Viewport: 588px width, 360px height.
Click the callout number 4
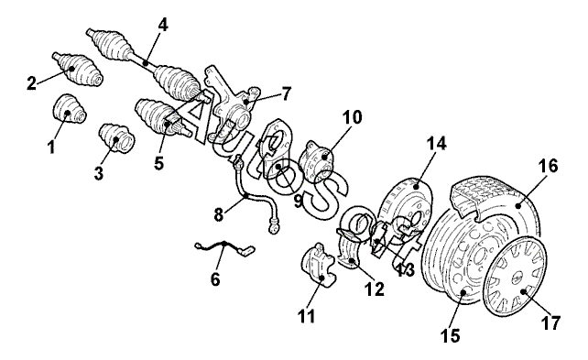click(163, 26)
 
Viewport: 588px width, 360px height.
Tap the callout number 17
click(550, 322)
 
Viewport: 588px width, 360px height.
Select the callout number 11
click(307, 317)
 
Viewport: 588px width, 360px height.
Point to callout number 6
click(215, 279)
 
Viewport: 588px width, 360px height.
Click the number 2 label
click(31, 82)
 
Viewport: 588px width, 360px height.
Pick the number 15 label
click(451, 335)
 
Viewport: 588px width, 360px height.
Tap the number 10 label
click(353, 117)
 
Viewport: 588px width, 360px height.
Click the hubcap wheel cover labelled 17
click(514, 275)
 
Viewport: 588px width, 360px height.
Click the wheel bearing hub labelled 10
click(317, 162)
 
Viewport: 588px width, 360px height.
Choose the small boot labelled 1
click(71, 108)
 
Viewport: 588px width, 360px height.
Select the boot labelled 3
click(117, 137)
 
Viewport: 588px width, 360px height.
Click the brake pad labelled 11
click(318, 265)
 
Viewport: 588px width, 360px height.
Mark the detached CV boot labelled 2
click(77, 70)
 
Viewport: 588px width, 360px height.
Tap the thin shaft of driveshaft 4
click(144, 61)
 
